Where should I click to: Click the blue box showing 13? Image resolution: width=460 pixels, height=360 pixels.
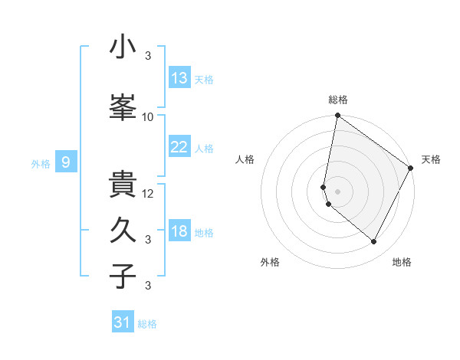click(x=179, y=77)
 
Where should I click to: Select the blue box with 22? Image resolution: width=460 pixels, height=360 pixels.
click(x=179, y=147)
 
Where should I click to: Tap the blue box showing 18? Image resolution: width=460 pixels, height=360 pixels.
click(x=179, y=231)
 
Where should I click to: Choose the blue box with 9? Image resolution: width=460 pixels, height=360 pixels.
click(x=66, y=162)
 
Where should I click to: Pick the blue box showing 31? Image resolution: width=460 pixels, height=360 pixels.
click(x=123, y=322)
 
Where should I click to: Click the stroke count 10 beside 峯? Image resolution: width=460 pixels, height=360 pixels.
click(x=148, y=116)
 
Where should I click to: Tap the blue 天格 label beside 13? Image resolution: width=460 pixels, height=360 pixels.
click(x=204, y=79)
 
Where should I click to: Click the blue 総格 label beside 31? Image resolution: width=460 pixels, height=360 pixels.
click(x=147, y=324)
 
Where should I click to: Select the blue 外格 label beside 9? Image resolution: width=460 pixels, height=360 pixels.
click(x=41, y=163)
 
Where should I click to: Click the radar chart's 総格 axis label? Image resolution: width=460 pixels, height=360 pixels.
click(x=338, y=100)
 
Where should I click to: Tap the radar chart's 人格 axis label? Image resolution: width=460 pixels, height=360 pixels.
click(x=245, y=159)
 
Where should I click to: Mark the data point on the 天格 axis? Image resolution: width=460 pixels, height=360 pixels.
click(x=411, y=168)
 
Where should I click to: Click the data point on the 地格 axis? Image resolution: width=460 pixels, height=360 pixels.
click(x=374, y=242)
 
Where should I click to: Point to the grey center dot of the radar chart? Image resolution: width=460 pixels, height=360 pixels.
click(x=338, y=191)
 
